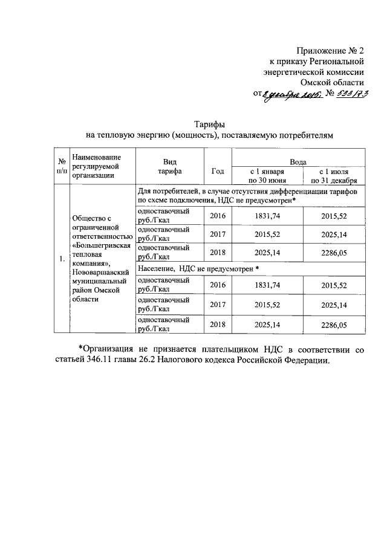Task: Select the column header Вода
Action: pos(298,162)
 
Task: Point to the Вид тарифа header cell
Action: pos(169,167)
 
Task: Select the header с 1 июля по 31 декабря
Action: pos(334,176)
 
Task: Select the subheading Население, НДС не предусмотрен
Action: pos(198,267)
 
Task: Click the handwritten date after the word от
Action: pos(289,94)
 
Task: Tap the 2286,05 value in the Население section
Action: pos(334,325)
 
